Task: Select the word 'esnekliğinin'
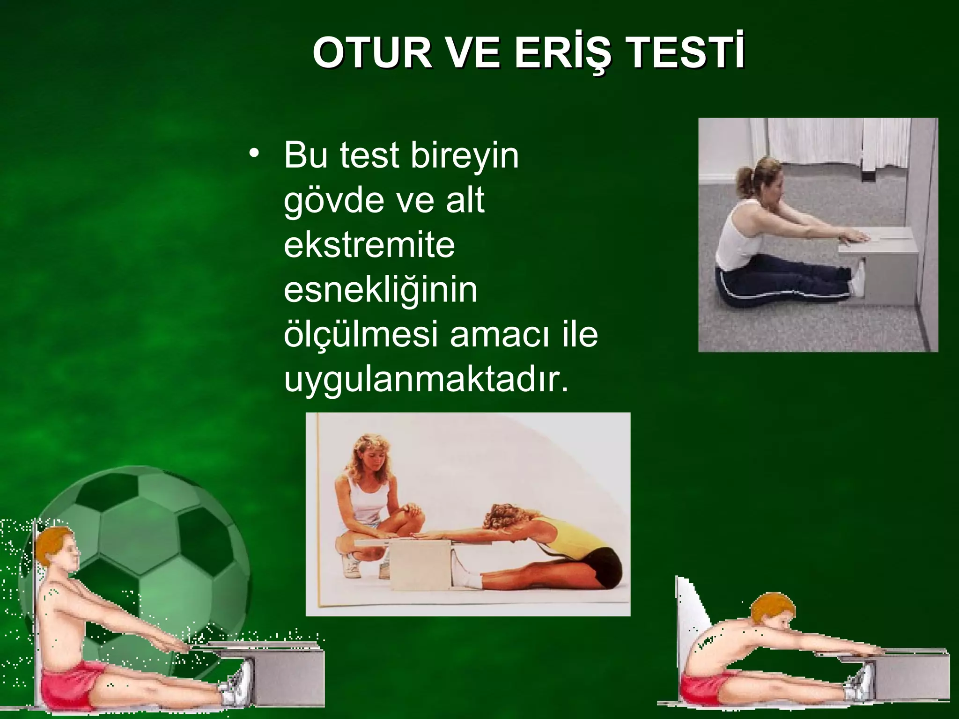click(x=380, y=290)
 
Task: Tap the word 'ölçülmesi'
click(x=361, y=335)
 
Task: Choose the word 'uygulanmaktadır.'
click(x=426, y=380)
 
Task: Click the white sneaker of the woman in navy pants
click(x=858, y=281)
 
